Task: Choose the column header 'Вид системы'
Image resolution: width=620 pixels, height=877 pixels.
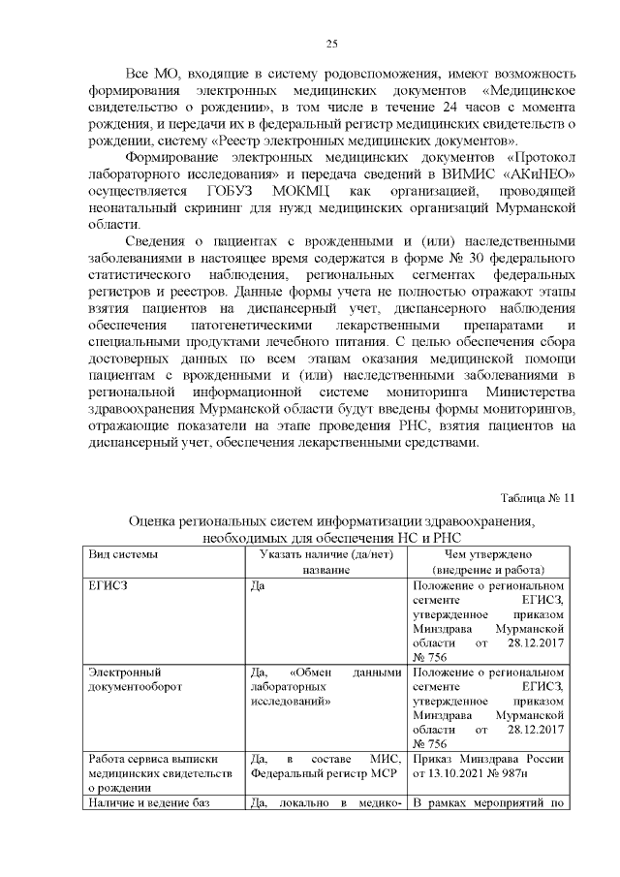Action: pyautogui.click(x=123, y=554)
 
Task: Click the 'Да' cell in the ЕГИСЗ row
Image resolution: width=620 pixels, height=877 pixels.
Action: pyautogui.click(x=258, y=587)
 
